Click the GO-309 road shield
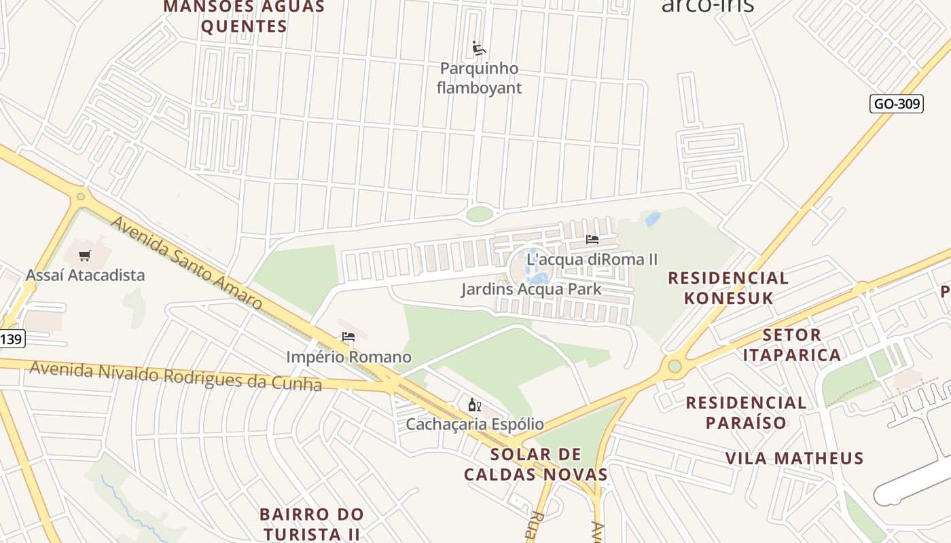tap(896, 104)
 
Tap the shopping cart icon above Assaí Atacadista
tap(85, 256)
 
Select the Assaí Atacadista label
tap(85, 275)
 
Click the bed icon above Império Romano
tap(348, 337)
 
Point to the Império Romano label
tap(348, 357)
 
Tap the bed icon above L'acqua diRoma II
tap(592, 240)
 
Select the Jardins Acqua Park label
tap(531, 289)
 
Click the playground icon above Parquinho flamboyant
tap(479, 48)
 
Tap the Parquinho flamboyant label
tap(479, 78)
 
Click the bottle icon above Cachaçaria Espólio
tap(475, 405)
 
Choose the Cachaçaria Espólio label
tap(475, 424)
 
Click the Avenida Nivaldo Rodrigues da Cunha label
tap(175, 376)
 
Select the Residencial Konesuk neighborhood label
tap(728, 288)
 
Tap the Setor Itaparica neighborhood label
tap(791, 345)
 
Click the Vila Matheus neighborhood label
tap(794, 458)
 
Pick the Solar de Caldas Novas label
tap(535, 464)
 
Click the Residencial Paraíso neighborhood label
tap(746, 412)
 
